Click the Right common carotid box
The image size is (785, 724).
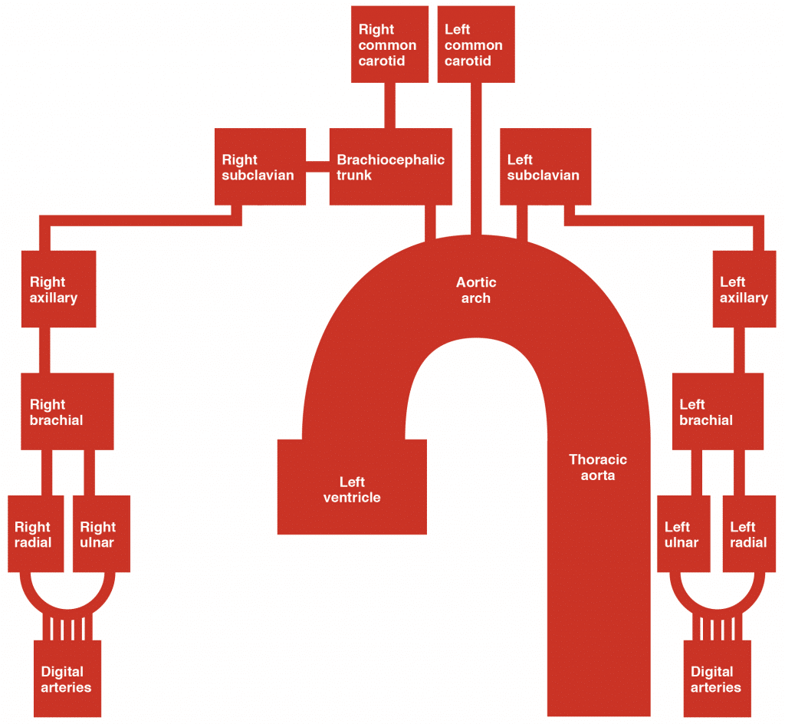[x=389, y=44]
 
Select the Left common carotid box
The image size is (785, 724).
[x=475, y=44]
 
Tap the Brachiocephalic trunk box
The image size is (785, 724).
[x=390, y=167]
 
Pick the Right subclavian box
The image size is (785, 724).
[x=260, y=167]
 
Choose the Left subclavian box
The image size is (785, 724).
[x=544, y=167]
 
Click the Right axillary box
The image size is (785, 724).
[x=58, y=288]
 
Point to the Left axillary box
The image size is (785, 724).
[x=744, y=288]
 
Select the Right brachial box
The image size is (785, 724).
[x=67, y=411]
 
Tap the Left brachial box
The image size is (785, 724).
[x=718, y=411]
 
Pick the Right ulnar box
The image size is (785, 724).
[x=101, y=534]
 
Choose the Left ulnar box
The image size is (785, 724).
[x=684, y=534]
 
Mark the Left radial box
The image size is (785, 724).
[x=750, y=534]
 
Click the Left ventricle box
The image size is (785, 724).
[x=352, y=488]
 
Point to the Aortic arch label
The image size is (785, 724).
[x=475, y=291]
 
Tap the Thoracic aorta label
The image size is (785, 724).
[x=597, y=467]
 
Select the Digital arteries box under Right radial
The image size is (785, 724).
[x=67, y=679]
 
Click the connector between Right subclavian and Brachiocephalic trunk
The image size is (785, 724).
[x=317, y=163]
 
